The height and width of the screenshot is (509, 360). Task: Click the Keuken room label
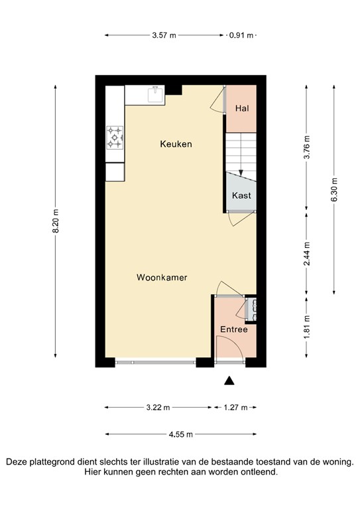point(176,144)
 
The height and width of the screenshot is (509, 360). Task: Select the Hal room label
point(242,108)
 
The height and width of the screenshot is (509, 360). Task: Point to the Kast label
point(241,196)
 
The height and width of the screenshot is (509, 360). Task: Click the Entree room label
point(234,329)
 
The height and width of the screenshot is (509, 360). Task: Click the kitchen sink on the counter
point(156,93)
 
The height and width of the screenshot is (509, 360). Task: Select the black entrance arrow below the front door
point(229,380)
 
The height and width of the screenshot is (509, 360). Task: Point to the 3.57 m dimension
point(164,35)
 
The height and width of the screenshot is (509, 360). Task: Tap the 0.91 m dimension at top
point(241,35)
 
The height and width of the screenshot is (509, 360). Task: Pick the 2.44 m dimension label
point(307,253)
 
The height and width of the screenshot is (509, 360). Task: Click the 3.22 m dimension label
point(158,407)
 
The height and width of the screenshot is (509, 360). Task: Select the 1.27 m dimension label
point(235,407)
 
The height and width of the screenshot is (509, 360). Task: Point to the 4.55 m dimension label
point(180,435)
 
